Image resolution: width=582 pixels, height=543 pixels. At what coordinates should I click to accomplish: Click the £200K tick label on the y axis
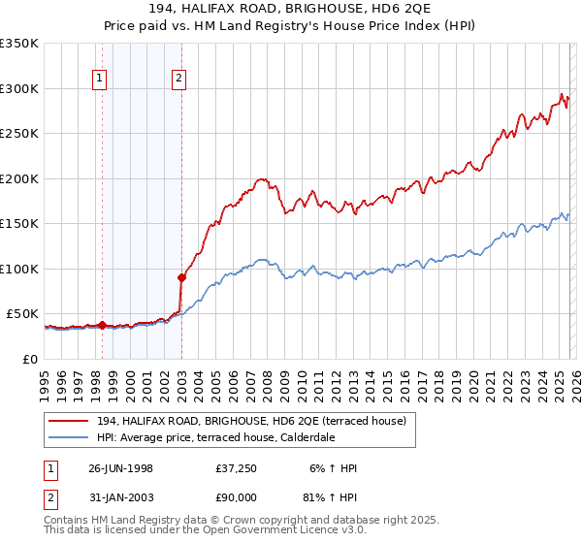(x=19, y=178)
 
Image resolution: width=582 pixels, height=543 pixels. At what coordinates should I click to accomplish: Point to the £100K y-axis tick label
(x=19, y=269)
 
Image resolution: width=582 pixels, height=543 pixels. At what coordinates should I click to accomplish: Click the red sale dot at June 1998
(x=102, y=326)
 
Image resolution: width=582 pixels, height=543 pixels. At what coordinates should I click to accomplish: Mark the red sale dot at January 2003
(x=181, y=277)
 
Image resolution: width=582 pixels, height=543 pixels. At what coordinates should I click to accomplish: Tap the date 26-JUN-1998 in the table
(x=120, y=468)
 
